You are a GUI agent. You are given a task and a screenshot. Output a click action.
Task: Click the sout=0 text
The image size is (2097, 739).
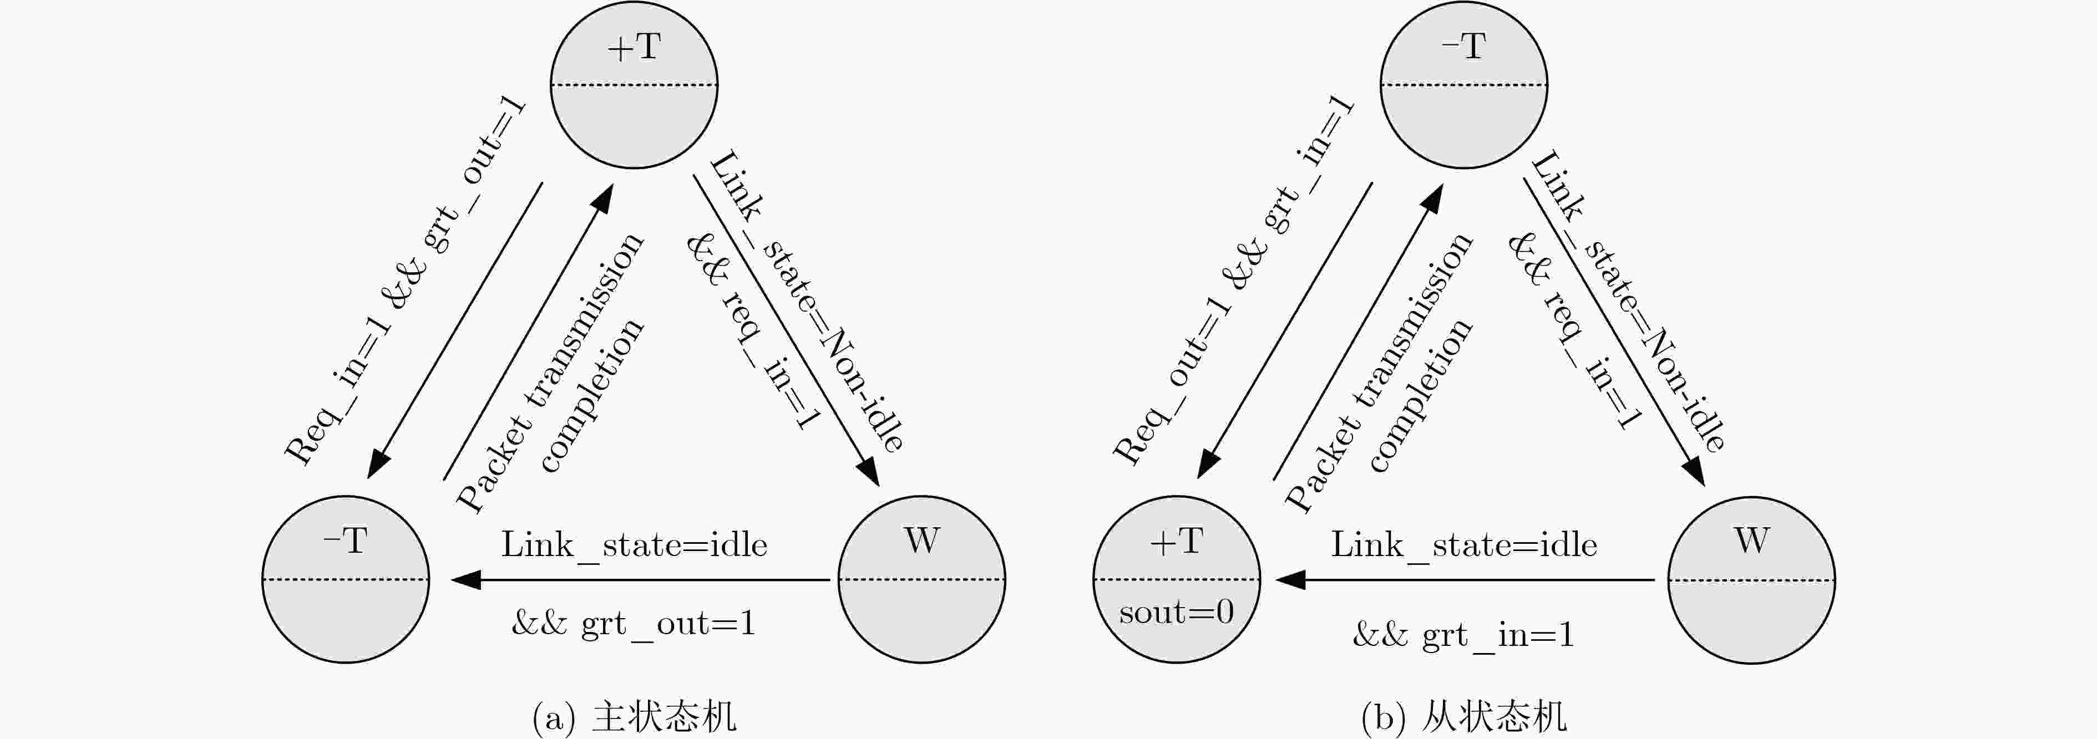coord(1176,612)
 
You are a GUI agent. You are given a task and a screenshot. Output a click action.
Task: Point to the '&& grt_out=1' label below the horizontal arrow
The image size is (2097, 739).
coord(634,624)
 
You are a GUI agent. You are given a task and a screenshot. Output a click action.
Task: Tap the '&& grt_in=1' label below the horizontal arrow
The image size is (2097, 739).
coord(1463,635)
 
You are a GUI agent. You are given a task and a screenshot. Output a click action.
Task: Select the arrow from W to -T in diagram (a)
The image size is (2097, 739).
coord(641,579)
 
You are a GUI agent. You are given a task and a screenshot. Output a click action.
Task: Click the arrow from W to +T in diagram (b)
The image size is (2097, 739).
coord(1465,579)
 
